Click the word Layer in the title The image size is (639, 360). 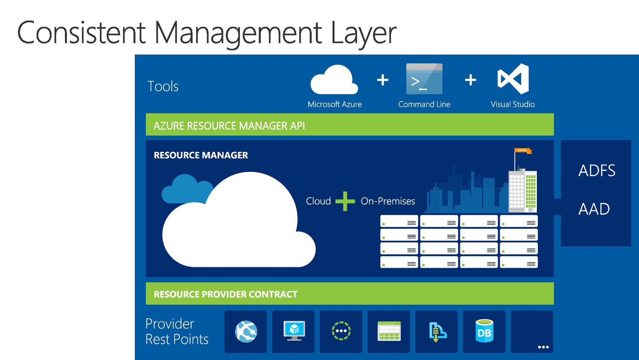[x=363, y=33]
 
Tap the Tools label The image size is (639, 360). [x=163, y=86]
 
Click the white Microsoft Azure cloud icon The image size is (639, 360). [x=334, y=80]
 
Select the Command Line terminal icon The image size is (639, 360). [x=424, y=79]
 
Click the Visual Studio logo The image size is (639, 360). [x=513, y=79]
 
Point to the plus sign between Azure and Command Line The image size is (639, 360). [x=383, y=80]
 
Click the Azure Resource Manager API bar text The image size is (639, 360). [x=229, y=126]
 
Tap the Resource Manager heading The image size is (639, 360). [x=201, y=155]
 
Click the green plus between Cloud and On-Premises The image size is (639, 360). [x=345, y=201]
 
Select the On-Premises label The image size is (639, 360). [x=388, y=201]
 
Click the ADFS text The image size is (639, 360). [x=597, y=171]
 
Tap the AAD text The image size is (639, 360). [x=594, y=209]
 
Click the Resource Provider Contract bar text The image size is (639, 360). [x=225, y=294]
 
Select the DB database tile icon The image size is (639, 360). [x=484, y=331]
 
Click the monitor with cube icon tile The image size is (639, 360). [x=294, y=331]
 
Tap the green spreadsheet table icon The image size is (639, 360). [x=389, y=331]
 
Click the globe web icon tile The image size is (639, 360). [x=246, y=331]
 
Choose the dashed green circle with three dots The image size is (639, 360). [x=341, y=331]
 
